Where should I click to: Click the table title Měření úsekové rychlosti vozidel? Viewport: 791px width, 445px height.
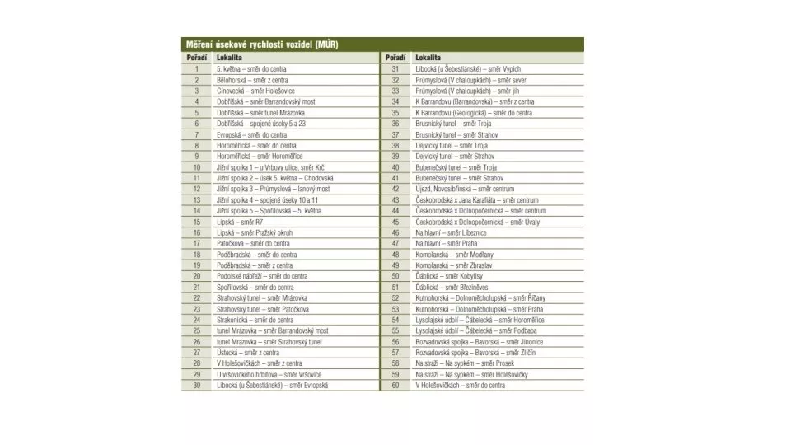point(260,44)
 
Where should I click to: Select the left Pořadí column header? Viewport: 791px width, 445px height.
point(196,59)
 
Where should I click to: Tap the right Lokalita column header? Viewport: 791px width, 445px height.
point(428,59)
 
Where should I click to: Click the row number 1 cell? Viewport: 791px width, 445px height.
point(197,69)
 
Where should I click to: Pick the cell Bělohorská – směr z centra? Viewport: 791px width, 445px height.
point(252,81)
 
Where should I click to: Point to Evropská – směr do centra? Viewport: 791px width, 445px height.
point(252,134)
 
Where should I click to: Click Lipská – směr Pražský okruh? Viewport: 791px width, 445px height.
point(255,232)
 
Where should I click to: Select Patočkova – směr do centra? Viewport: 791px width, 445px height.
point(251,243)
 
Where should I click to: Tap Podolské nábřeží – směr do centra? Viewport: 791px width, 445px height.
point(262,276)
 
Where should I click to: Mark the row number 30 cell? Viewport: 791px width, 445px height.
point(197,385)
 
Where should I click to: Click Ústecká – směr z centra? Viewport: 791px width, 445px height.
point(247,352)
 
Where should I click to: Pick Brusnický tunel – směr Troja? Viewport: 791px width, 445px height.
point(453,124)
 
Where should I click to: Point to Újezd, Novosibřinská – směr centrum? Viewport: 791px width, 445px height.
point(465,189)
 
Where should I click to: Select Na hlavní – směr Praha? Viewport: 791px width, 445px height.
point(446,243)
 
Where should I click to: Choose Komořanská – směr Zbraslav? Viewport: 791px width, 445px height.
point(454,265)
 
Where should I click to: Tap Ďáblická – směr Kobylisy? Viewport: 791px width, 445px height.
point(449,276)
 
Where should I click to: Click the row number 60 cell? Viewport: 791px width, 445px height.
point(395,385)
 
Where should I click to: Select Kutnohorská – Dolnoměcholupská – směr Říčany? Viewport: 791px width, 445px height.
point(480,297)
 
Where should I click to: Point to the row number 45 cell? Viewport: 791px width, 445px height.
point(395,222)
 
